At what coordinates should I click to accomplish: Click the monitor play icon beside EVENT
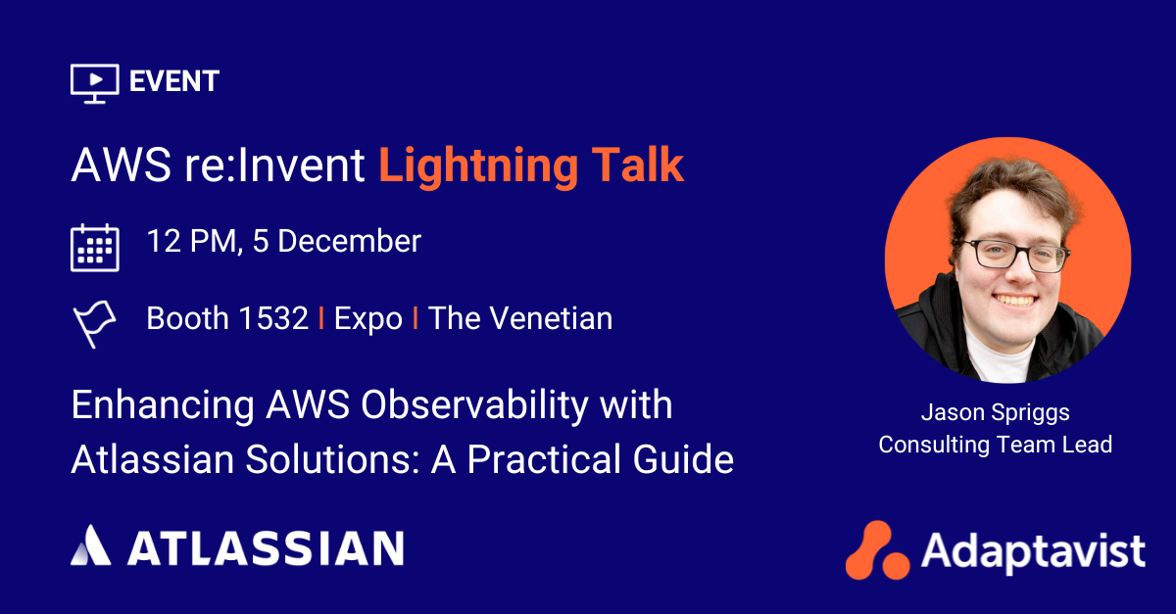point(94,82)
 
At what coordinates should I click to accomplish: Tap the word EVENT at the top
point(174,81)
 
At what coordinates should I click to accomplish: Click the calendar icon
point(95,247)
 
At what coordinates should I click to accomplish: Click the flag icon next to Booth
point(93,323)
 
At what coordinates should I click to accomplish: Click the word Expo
point(368,318)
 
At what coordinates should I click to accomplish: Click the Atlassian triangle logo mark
point(90,545)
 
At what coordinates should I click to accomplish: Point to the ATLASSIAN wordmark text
point(265,547)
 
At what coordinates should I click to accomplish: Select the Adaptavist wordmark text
point(1033,551)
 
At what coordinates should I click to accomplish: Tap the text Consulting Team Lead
point(995,444)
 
